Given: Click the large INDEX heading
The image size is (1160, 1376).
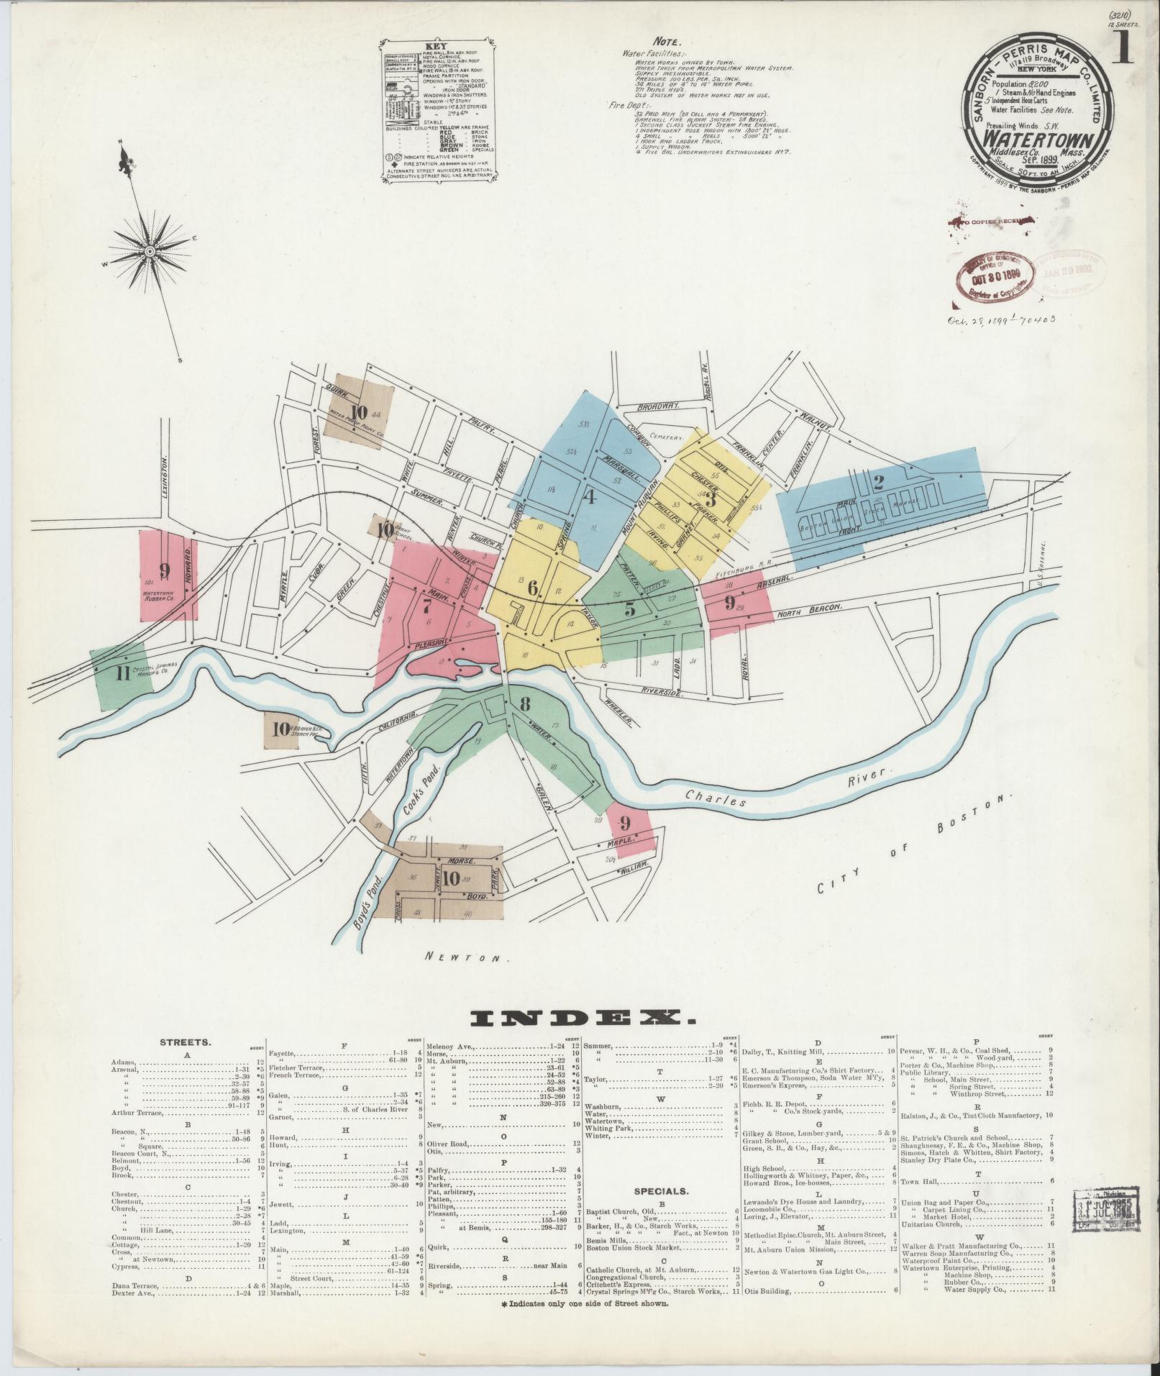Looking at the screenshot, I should coord(580,1016).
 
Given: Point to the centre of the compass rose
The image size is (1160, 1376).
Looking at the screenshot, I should coord(150,250).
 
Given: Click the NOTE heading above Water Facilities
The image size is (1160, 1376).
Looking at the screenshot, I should coord(667,42).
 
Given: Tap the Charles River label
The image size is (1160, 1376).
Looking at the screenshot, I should coord(787,790).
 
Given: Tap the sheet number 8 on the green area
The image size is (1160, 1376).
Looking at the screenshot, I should coord(525,703).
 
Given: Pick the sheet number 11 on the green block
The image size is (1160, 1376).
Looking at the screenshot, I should coord(122,674).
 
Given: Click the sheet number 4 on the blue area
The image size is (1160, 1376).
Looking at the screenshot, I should coord(588,496).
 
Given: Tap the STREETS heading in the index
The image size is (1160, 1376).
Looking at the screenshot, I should coord(185,1041).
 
